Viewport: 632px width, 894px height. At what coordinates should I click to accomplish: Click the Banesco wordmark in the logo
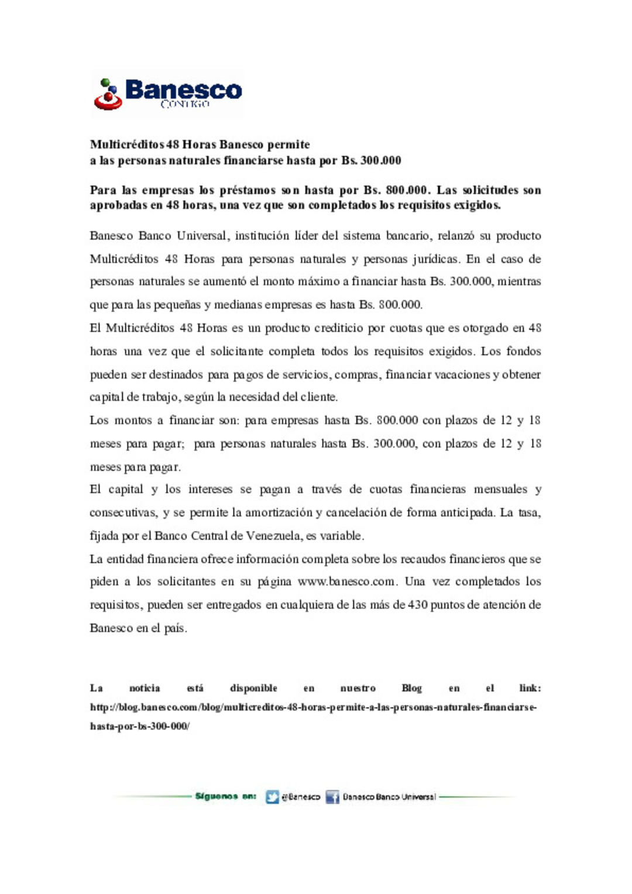[183, 90]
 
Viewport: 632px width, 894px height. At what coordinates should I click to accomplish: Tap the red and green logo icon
[108, 95]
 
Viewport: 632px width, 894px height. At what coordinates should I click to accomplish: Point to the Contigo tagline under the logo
[184, 104]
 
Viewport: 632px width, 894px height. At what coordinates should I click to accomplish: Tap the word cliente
[319, 397]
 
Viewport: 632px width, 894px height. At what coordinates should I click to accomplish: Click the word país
[176, 628]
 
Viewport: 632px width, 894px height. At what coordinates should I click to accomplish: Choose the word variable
[343, 535]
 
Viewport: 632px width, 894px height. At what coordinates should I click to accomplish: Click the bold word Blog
[411, 688]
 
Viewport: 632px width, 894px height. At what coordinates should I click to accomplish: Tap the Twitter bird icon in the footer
[272, 797]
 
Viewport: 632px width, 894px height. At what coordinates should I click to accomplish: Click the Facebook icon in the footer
[332, 797]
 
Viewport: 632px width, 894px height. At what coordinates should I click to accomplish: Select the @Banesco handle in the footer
[301, 797]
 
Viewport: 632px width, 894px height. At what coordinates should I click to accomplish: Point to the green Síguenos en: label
[225, 796]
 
